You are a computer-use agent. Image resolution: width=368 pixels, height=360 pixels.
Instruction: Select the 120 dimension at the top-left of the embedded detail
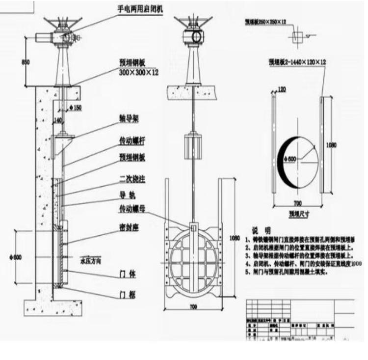pos(282,90)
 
